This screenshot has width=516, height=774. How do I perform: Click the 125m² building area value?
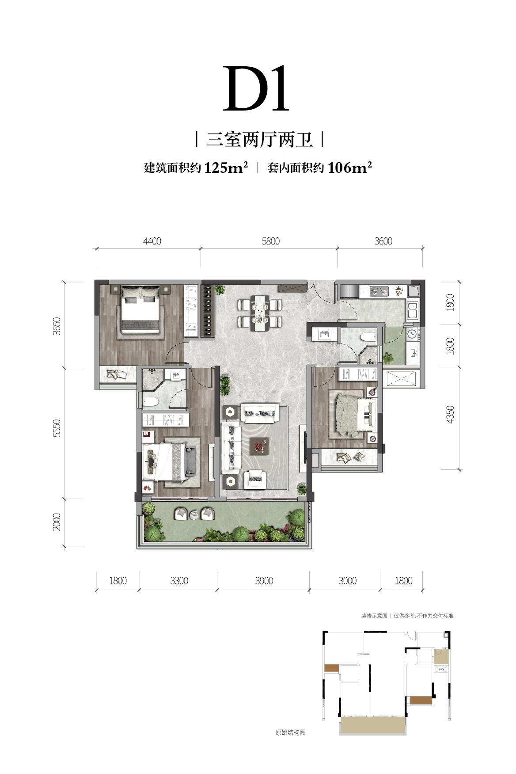click(x=226, y=168)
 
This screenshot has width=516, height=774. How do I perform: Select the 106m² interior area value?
click(x=349, y=168)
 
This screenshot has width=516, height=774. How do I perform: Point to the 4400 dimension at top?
click(x=152, y=241)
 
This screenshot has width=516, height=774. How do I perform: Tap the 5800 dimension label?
click(x=270, y=241)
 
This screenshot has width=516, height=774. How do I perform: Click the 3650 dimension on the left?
click(x=57, y=326)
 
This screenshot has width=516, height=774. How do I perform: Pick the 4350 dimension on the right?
click(x=450, y=414)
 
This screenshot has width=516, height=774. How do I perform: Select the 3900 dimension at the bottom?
click(x=264, y=581)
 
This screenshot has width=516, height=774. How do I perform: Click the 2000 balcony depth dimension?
click(x=57, y=522)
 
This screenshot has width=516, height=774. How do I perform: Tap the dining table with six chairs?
click(x=260, y=313)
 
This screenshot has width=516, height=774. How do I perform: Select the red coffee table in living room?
click(x=259, y=446)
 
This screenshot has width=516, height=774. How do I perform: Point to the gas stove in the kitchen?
click(x=379, y=291)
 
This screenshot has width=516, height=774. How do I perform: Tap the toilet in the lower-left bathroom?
click(x=150, y=402)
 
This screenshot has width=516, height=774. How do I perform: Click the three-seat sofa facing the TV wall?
click(x=231, y=447)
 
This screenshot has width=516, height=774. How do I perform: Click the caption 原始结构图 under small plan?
click(x=290, y=732)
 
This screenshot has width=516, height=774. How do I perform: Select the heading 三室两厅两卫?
click(x=259, y=140)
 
